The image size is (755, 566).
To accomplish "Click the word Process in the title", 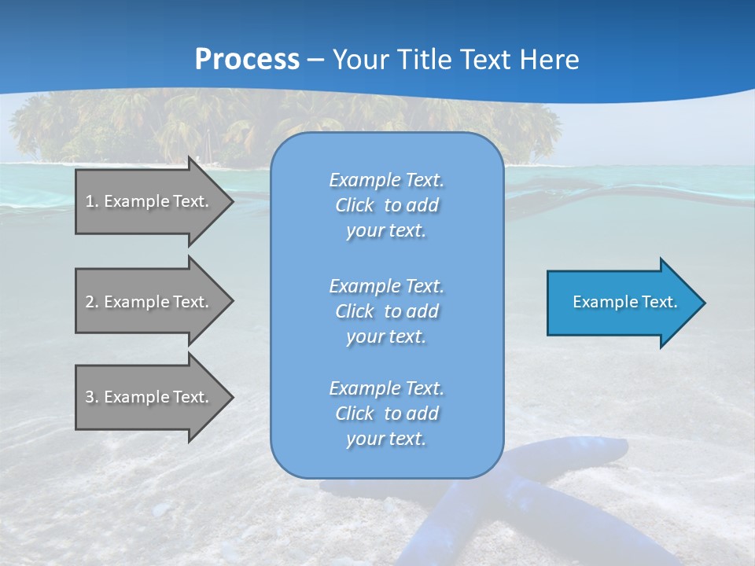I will [247, 60].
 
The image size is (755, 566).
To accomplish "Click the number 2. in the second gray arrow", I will [92, 302].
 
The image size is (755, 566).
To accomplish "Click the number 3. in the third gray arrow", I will [92, 397].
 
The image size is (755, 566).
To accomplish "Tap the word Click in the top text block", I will [355, 205].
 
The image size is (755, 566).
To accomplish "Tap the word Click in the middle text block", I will [355, 311].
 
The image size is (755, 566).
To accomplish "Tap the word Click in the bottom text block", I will [355, 413].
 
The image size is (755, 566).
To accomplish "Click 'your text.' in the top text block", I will [386, 230].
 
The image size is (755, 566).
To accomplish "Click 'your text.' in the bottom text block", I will [386, 439].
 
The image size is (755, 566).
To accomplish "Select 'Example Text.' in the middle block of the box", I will [386, 286].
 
